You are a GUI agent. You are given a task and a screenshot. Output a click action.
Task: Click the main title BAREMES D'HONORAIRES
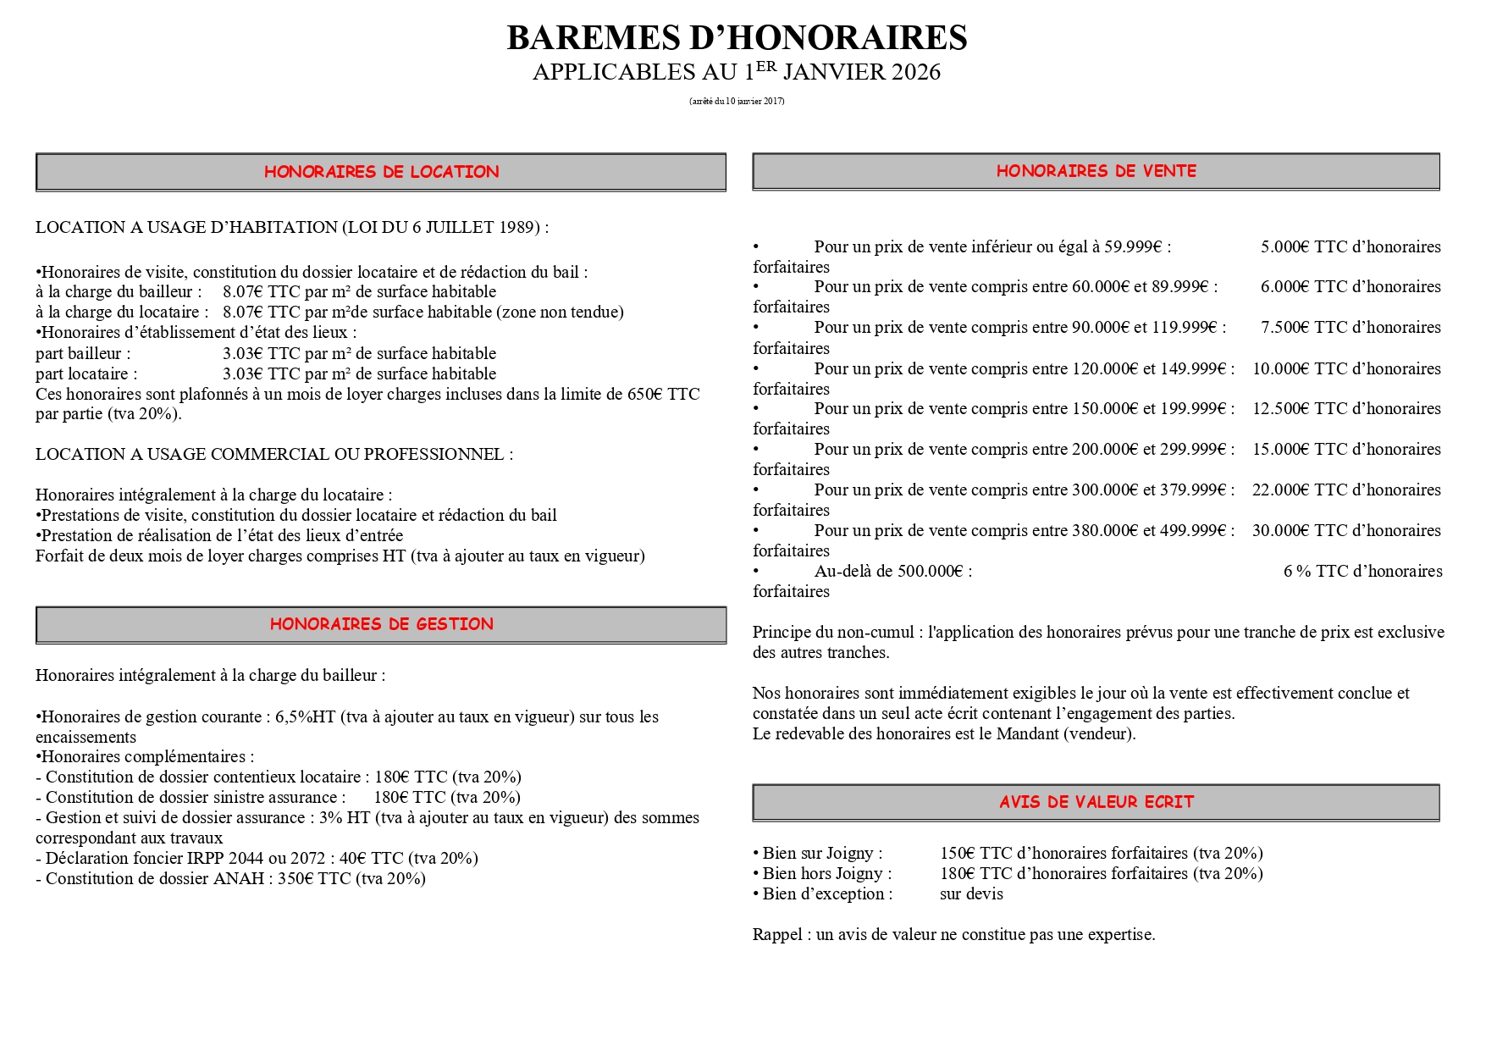coord(737,38)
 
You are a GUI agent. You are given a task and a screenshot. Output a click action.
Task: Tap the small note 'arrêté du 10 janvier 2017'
coord(737,102)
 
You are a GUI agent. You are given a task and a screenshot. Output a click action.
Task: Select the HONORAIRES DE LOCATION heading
coord(381,172)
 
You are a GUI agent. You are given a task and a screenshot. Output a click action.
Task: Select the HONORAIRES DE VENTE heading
coord(1096,171)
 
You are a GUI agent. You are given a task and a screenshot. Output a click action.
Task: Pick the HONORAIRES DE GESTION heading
coord(381,624)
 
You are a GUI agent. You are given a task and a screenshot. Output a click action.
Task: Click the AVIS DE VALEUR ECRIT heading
coord(1096,802)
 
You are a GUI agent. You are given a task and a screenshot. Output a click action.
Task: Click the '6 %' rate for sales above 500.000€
coord(1296,572)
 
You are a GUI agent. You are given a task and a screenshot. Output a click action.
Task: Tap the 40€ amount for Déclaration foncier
coord(353,859)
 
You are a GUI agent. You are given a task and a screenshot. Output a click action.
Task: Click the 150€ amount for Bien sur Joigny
coord(958,854)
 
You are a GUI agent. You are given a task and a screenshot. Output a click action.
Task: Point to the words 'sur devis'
coord(971,894)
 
